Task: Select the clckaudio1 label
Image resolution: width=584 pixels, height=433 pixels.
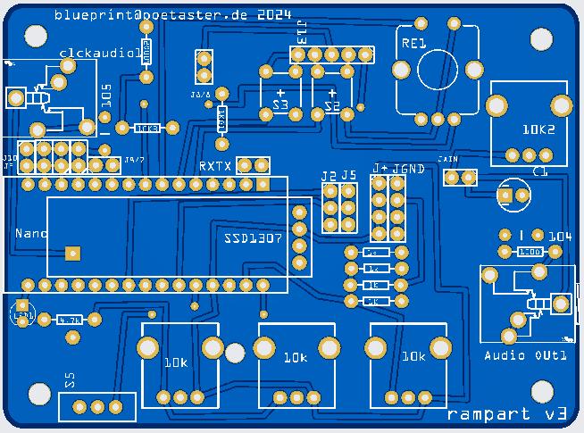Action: [x=99, y=53]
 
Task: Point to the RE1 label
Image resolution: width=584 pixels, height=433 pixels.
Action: [x=413, y=42]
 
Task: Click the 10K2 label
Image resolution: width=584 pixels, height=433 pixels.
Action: [x=538, y=129]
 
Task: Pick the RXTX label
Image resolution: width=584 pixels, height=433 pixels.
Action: [x=215, y=166]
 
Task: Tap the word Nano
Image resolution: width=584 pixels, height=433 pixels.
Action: [x=30, y=233]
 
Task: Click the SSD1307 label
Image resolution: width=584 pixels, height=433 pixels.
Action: [x=253, y=240]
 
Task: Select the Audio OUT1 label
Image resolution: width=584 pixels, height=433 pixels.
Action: [x=525, y=355]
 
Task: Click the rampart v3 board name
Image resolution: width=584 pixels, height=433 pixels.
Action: [x=506, y=414]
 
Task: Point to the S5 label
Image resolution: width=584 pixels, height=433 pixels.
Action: [x=71, y=379]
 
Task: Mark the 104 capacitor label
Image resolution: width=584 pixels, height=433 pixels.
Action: [x=560, y=237]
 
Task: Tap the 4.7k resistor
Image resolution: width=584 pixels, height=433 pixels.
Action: [x=69, y=319]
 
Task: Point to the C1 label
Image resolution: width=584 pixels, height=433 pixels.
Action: [x=539, y=171]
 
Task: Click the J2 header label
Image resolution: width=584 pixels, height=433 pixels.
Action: [x=329, y=175]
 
